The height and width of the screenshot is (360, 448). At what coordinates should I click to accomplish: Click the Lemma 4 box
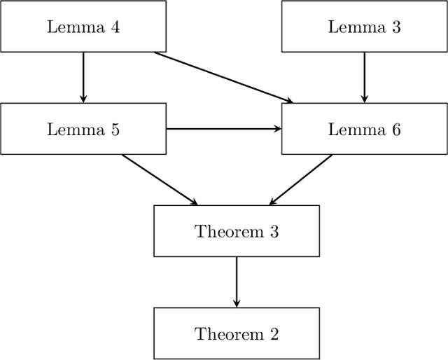[x=83, y=26]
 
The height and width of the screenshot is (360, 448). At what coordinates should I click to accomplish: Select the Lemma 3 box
[x=364, y=26]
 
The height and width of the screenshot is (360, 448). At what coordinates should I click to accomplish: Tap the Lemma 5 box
[x=83, y=129]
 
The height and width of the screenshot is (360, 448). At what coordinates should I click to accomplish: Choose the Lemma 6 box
[x=364, y=129]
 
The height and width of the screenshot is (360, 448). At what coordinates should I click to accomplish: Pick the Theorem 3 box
[x=237, y=231]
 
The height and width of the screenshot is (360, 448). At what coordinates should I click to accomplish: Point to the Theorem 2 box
[x=237, y=333]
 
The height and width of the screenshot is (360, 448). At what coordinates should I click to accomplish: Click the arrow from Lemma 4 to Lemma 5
[x=83, y=77]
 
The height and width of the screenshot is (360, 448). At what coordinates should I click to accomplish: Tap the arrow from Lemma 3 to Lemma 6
[x=364, y=77]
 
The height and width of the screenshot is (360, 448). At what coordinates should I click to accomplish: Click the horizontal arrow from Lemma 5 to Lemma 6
[x=224, y=129]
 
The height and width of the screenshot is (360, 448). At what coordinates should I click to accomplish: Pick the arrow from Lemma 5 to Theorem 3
[x=160, y=180]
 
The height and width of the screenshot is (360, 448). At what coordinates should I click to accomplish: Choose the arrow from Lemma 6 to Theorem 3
[x=301, y=180]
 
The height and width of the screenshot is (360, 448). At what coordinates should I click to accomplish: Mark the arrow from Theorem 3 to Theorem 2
[x=237, y=282]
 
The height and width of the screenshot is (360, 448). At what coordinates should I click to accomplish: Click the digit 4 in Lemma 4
[x=115, y=27]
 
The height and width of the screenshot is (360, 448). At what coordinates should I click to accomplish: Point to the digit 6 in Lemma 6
[x=396, y=130]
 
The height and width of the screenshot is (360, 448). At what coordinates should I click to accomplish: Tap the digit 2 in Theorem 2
[x=274, y=334]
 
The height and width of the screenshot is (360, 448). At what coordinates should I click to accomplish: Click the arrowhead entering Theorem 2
[x=237, y=303]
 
